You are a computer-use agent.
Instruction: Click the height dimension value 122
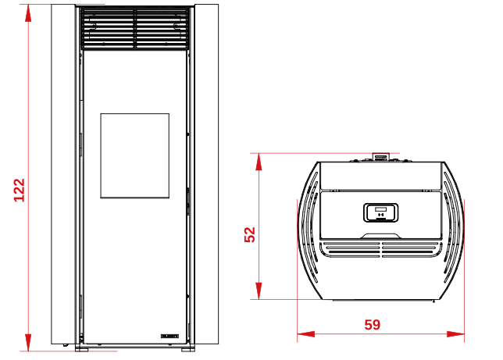pyautogui.click(x=20, y=191)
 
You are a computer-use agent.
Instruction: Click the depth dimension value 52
pyautogui.click(x=250, y=234)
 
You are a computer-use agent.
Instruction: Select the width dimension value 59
pyautogui.click(x=373, y=325)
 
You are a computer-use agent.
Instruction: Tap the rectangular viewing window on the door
pyautogui.click(x=134, y=155)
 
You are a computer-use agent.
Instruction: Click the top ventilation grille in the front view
pyautogui.click(x=134, y=29)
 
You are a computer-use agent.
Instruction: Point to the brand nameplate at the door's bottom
pyautogui.click(x=169, y=336)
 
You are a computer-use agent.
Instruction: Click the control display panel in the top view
pyautogui.click(x=381, y=212)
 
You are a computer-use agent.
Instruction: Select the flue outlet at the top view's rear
pyautogui.click(x=380, y=157)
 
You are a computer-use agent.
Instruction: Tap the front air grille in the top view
pyautogui.click(x=381, y=249)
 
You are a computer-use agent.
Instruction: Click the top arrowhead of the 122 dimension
pyautogui.click(x=28, y=13)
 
